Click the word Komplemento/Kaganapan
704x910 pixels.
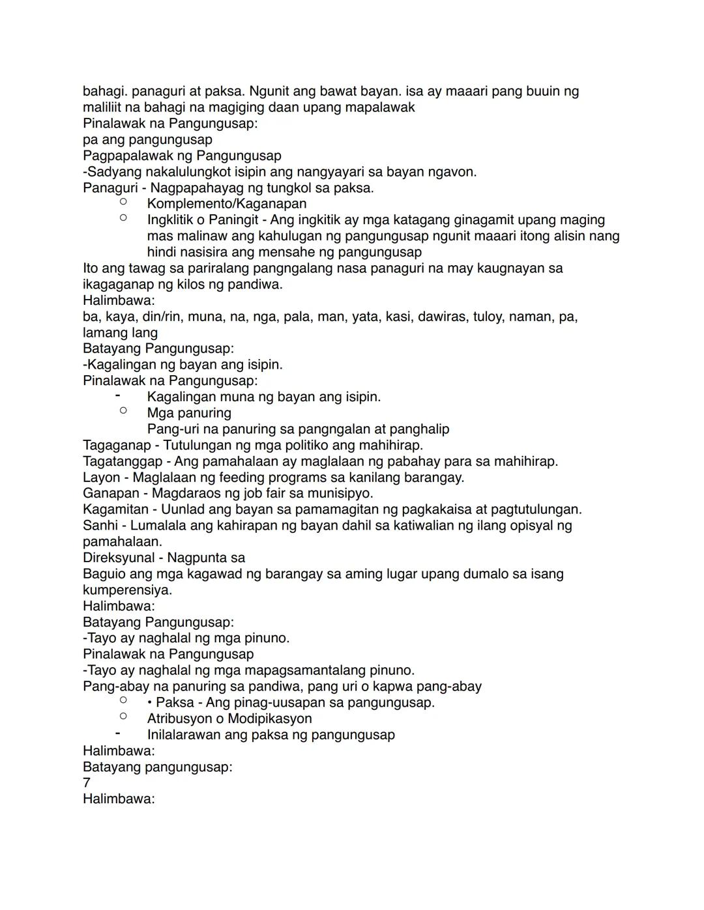(x=226, y=204)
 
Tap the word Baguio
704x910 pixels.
(x=104, y=574)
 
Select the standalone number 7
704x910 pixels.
(x=87, y=783)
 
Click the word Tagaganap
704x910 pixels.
(x=117, y=446)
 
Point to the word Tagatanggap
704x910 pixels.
(x=123, y=462)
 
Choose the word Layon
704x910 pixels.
(x=101, y=477)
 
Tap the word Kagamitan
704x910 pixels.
(x=115, y=509)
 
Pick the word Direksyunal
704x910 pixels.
(x=119, y=558)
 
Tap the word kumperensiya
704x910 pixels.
(x=127, y=590)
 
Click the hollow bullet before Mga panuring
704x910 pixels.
(x=123, y=411)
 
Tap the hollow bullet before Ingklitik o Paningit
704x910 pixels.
(x=123, y=218)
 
